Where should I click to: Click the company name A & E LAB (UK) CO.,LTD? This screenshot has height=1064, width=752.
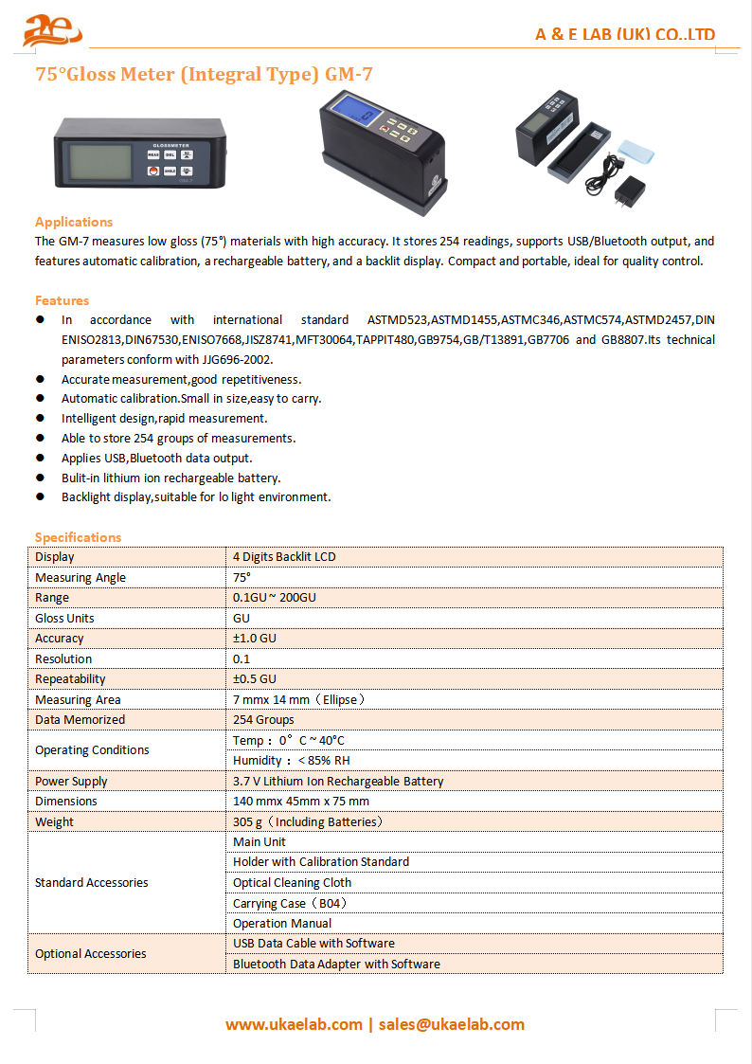pyautogui.click(x=624, y=35)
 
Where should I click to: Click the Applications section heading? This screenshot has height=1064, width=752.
pyautogui.click(x=74, y=222)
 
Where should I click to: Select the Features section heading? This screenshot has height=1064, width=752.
pyautogui.click(x=63, y=300)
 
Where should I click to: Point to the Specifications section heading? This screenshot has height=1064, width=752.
pyautogui.click(x=79, y=537)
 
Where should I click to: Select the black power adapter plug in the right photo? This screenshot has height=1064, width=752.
pyautogui.click(x=624, y=195)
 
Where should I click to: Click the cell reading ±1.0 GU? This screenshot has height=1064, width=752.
pyautogui.click(x=255, y=639)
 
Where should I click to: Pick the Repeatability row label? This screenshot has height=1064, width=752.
pyautogui.click(x=70, y=679)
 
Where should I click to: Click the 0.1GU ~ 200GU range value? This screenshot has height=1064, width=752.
pyautogui.click(x=275, y=598)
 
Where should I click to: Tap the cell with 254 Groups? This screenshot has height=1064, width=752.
pyautogui.click(x=263, y=720)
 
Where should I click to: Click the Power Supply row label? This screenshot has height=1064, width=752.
pyautogui.click(x=71, y=782)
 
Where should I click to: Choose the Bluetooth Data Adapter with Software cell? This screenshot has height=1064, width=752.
pyautogui.click(x=336, y=965)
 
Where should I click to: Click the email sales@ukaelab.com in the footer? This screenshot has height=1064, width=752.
pyautogui.click(x=451, y=1024)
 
